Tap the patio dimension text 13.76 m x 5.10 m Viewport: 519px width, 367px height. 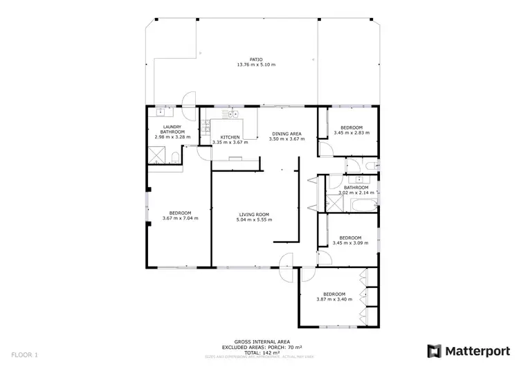(256, 65)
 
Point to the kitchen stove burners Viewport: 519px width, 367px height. (206, 127)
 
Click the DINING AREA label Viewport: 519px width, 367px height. (286, 133)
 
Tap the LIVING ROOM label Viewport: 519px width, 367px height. (254, 215)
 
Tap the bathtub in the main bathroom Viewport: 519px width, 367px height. (364, 205)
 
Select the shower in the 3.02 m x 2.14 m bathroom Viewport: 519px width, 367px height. (335, 205)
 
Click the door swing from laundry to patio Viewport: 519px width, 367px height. (189, 101)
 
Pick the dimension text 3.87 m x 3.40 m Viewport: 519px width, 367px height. (334, 299)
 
